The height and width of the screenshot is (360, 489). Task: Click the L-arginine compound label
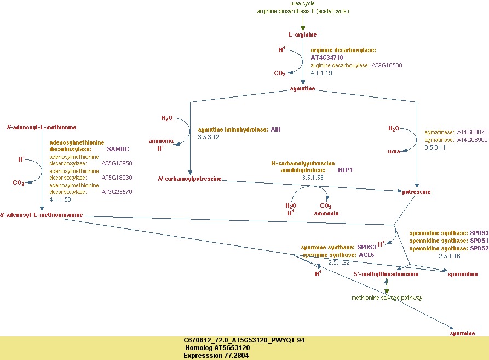tap(302, 35)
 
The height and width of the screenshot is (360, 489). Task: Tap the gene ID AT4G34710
tap(327, 58)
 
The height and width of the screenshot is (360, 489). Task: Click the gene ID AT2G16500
tap(387, 65)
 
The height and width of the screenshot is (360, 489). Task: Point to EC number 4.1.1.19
tap(321, 73)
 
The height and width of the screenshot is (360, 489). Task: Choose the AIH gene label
tap(275, 129)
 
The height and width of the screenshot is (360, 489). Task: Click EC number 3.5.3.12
tap(209, 137)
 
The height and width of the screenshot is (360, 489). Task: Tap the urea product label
tap(394, 152)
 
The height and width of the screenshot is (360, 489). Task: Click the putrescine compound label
tap(416, 192)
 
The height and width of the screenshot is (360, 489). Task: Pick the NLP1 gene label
tap(346, 170)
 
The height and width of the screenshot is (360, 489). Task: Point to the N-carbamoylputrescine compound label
tap(189, 179)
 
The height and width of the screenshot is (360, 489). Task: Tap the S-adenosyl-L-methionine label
tap(42, 127)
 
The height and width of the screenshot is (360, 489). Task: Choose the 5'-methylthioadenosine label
tap(386, 274)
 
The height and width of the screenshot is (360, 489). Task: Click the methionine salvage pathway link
tap(387, 298)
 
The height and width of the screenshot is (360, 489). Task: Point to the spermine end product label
tap(462, 333)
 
